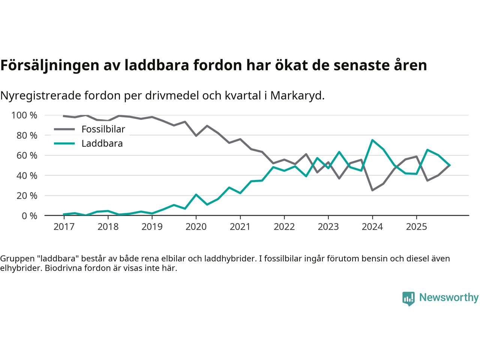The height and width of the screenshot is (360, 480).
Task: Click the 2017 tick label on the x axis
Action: click(64, 226)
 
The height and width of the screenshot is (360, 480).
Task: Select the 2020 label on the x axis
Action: click(196, 226)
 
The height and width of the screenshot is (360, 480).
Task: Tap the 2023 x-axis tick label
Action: click(328, 226)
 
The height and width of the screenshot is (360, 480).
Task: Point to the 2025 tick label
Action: click(416, 226)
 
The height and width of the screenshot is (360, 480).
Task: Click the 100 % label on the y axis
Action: click(24, 115)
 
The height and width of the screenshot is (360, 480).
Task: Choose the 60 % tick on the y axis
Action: click(27, 155)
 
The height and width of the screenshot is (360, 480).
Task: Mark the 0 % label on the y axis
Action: click(29, 216)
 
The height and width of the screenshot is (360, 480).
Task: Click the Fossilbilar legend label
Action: click(103, 129)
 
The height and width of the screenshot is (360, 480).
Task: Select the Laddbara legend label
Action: click(102, 144)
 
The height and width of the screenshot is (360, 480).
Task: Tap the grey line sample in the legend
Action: click(64, 129)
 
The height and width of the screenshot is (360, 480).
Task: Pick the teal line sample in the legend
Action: click(64, 144)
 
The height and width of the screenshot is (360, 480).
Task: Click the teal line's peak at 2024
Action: click(372, 140)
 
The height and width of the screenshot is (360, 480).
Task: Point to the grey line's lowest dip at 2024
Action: click(372, 190)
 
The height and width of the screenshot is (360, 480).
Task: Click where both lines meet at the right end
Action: click(450, 165)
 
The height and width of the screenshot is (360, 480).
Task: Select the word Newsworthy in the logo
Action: click(449, 297)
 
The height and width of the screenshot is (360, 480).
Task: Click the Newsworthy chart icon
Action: click(408, 298)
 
